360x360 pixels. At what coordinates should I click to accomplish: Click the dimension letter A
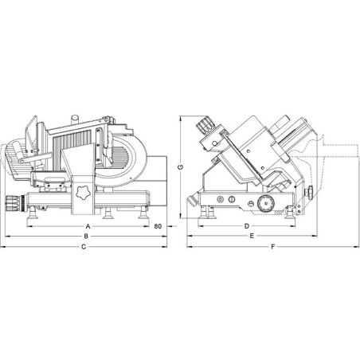tap(88, 226)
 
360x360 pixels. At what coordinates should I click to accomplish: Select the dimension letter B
tap(86, 236)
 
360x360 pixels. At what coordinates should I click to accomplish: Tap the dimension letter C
tap(84, 247)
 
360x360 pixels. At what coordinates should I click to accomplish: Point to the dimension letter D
tap(247, 226)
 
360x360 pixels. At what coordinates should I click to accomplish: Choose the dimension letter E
tap(252, 236)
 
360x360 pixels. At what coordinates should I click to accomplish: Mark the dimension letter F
tap(272, 247)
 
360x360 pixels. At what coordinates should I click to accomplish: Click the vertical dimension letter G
tap(180, 167)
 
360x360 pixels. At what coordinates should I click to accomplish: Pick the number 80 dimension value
tap(158, 226)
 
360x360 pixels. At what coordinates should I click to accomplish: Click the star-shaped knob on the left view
tap(83, 193)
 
